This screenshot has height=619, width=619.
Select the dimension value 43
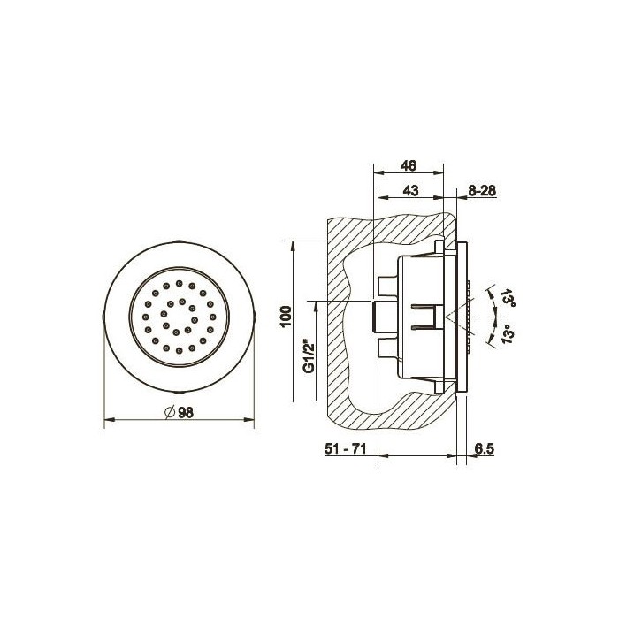coord(409,190)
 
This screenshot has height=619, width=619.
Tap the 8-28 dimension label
coord(483,190)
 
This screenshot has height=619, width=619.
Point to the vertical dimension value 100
coord(285,317)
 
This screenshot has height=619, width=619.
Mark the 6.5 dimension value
coord(483,449)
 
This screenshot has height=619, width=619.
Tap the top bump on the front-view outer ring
coord(180,241)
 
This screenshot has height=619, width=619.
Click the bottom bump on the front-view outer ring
coord(180,392)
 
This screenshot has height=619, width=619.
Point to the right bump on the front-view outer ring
coord(256,316)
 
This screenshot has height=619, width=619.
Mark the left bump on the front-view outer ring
coord(104,316)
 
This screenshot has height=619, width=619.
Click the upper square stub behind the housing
coord(386,285)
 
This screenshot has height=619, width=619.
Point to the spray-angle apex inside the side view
coord(449,317)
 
